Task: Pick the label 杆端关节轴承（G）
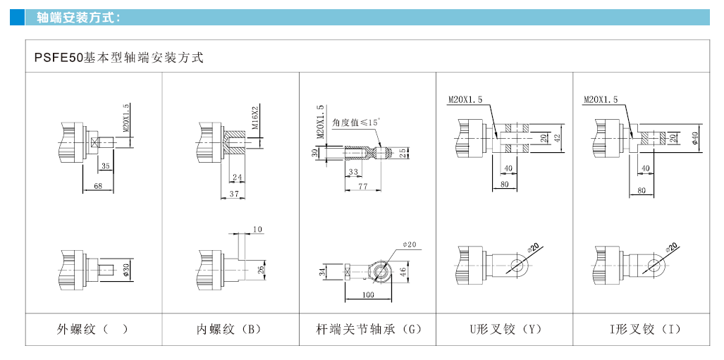pyautogui.click(x=369, y=329)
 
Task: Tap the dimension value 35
pyautogui.click(x=105, y=167)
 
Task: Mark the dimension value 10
pyautogui.click(x=257, y=230)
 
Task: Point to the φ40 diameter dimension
pyautogui.click(x=694, y=137)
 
